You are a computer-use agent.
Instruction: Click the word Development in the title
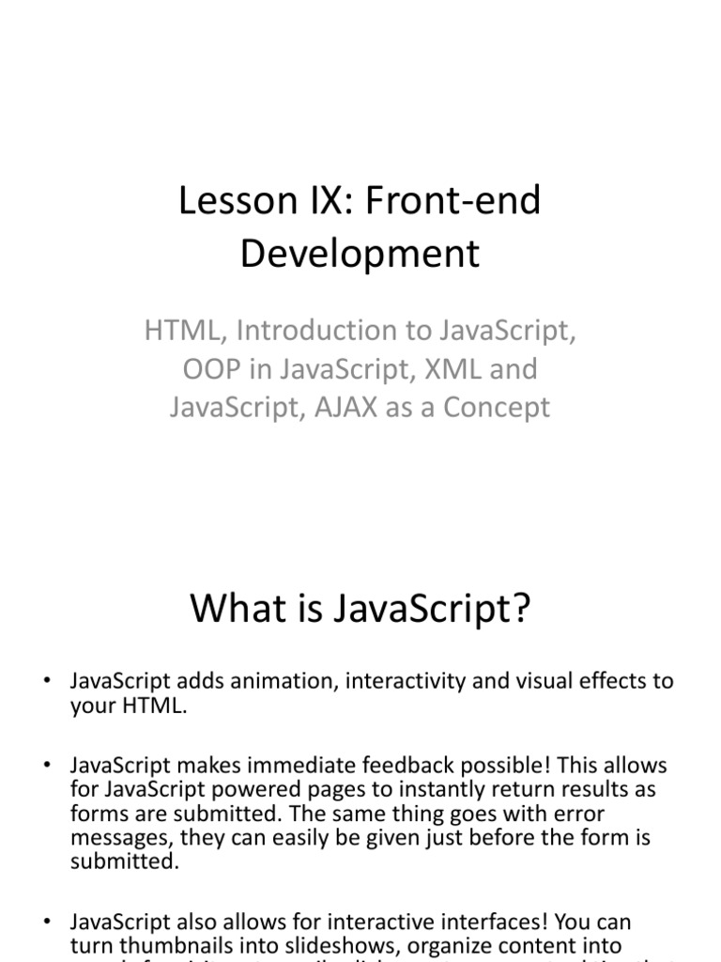[360, 254]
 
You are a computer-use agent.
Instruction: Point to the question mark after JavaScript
[521, 609]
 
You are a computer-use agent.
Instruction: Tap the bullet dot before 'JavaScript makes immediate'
[47, 768]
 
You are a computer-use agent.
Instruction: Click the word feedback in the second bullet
[422, 767]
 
